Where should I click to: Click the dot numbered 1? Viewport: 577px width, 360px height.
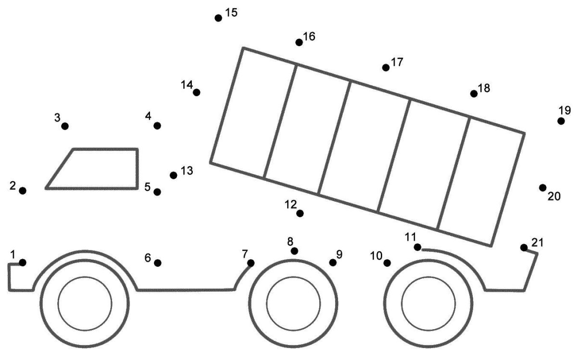click(x=23, y=262)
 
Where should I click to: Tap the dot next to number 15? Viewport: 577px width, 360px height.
click(x=218, y=18)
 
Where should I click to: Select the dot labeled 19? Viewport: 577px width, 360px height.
click(x=561, y=121)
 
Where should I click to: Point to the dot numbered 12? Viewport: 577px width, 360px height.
click(x=300, y=213)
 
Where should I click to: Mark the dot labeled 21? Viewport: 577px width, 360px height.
click(x=524, y=247)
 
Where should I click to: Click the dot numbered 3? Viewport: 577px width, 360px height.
click(x=65, y=126)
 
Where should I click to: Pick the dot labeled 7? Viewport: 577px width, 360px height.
click(x=251, y=262)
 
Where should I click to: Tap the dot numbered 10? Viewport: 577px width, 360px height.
click(x=387, y=262)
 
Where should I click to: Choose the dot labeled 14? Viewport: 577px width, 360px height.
click(x=196, y=92)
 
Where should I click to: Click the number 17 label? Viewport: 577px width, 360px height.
click(x=397, y=62)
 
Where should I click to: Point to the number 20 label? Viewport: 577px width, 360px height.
click(x=554, y=196)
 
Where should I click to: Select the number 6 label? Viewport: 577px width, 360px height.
click(x=148, y=258)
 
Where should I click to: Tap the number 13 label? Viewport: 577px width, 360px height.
click(x=187, y=171)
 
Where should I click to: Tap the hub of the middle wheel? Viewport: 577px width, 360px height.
click(x=293, y=304)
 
